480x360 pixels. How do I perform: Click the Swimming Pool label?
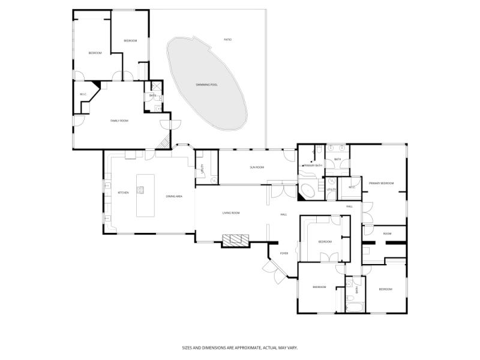(206, 85)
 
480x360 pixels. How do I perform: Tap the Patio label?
(227, 40)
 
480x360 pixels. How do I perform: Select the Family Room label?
(119, 121)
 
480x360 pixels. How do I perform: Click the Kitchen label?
(123, 193)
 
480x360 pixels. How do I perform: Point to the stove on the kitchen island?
(141, 191)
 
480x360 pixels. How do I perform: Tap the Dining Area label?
(174, 196)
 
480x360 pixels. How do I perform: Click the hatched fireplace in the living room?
(235, 240)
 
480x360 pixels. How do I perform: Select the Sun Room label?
(257, 167)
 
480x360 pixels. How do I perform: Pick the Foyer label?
(284, 253)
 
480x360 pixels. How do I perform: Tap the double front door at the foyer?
(273, 269)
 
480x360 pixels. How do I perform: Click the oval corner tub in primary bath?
(308, 191)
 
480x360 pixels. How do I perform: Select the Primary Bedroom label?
(382, 183)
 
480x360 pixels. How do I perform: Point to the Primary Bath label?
(313, 165)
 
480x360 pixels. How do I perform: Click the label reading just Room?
(388, 233)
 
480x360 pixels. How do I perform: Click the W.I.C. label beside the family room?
(83, 95)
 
